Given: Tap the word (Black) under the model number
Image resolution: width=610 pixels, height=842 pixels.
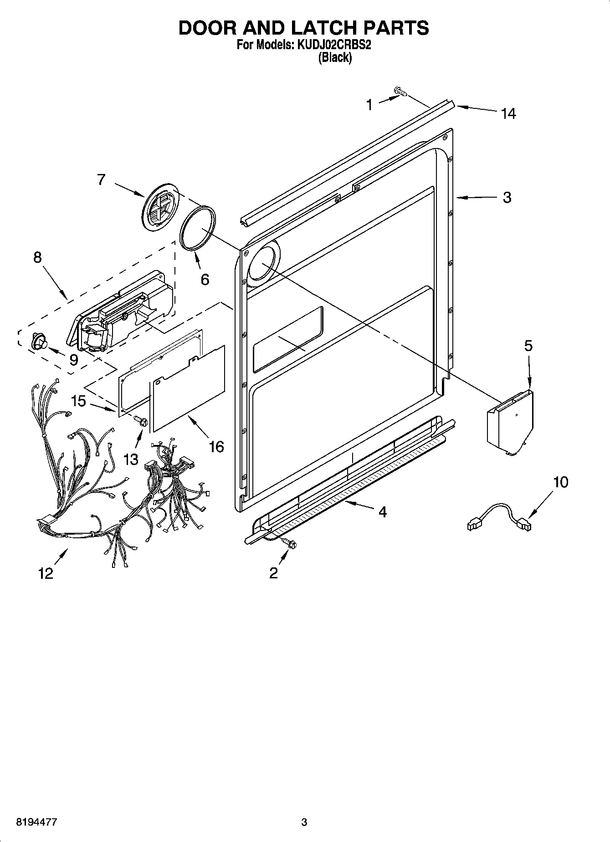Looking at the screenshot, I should [335, 58].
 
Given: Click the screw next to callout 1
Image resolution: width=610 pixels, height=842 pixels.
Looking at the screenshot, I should [400, 92].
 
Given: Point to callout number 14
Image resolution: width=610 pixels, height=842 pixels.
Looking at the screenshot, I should [508, 113].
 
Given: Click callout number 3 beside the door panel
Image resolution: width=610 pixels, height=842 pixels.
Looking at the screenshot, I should [507, 197].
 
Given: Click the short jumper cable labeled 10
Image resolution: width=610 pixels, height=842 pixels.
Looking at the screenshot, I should [499, 516].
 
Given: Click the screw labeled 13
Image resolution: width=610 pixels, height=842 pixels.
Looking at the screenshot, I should [141, 422].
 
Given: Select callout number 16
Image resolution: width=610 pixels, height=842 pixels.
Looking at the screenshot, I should [216, 447].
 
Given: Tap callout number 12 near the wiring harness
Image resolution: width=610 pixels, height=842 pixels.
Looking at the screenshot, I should [46, 573].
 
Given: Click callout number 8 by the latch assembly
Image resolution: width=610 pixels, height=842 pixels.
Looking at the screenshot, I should [37, 257].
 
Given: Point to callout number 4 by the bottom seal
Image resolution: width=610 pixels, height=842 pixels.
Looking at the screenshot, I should [382, 512].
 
